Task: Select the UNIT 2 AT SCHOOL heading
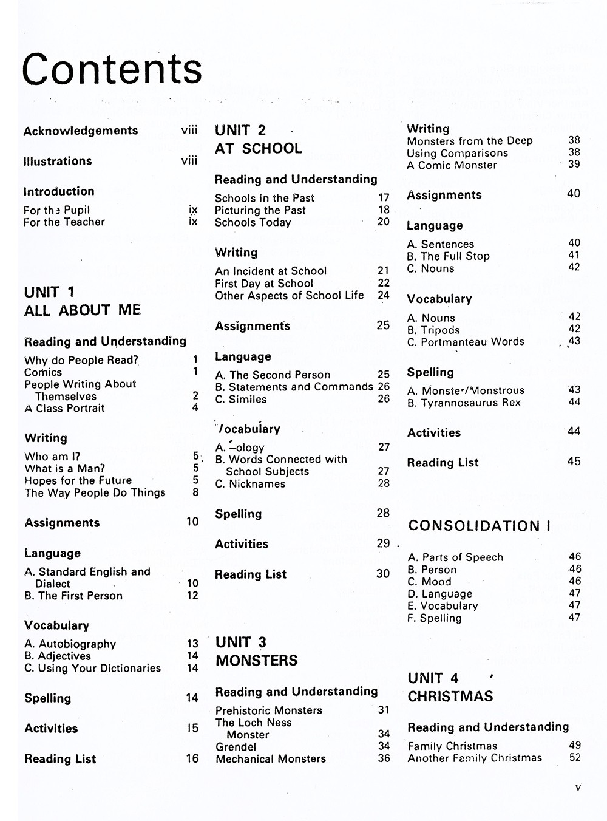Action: click(258, 140)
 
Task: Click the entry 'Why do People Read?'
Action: click(81, 360)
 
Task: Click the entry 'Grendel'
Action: click(236, 747)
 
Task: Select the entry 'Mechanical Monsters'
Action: click(271, 759)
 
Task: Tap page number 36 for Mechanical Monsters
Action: click(384, 758)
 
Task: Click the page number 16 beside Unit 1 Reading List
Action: click(192, 758)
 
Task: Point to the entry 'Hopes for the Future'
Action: click(78, 480)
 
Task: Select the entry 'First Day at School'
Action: click(264, 284)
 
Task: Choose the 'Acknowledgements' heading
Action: click(81, 131)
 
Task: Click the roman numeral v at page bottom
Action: click(577, 788)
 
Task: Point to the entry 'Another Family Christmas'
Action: click(475, 758)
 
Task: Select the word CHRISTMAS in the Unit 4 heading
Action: click(450, 697)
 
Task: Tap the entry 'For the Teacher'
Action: click(64, 222)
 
